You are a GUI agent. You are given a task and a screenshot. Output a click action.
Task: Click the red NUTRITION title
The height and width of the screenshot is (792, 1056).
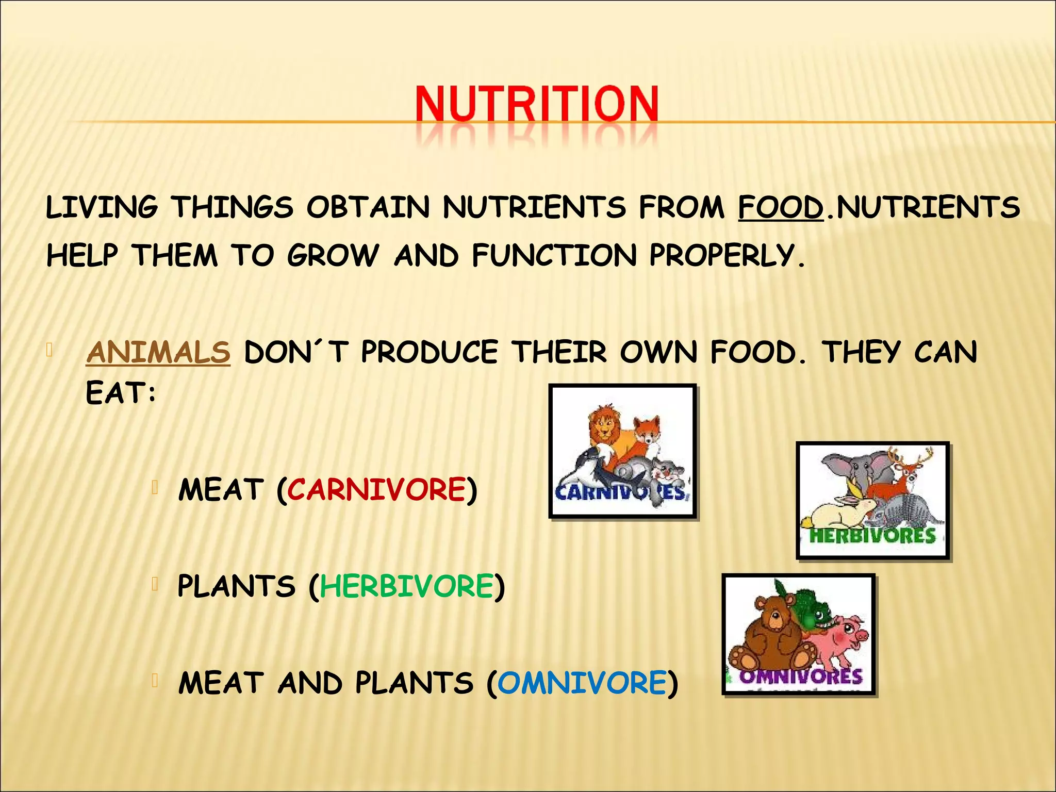pos(536,104)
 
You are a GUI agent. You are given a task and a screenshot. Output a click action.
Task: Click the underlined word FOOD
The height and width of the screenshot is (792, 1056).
pos(781,208)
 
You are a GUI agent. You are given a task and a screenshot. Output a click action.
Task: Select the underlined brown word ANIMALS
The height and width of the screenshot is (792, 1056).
pos(158,353)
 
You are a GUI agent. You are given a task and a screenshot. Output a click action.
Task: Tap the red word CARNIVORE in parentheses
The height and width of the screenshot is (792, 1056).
pos(376,489)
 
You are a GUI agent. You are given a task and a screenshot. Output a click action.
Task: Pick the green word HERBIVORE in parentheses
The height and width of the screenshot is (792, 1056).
pos(407,586)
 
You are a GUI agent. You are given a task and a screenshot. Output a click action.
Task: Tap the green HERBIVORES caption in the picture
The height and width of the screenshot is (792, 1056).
pos(872,536)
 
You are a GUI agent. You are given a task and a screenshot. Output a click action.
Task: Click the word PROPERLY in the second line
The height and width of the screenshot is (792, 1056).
pos(726,256)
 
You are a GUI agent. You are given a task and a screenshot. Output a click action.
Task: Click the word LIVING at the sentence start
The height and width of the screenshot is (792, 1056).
pos(102,208)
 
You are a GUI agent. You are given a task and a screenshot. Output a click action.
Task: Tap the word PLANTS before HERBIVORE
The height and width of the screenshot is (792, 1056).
pos(236,586)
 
